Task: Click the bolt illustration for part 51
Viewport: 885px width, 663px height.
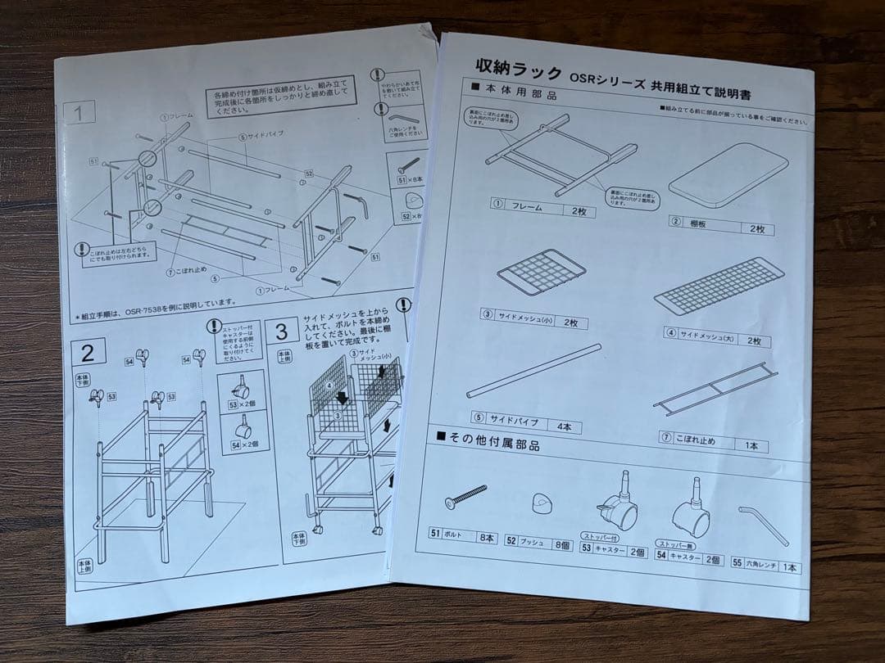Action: coord(464,494)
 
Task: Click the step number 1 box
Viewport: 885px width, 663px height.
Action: coord(78,114)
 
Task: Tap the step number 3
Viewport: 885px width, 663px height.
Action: coord(281,331)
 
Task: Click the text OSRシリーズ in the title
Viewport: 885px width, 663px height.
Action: coord(606,75)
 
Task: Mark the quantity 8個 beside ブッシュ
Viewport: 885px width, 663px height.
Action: coord(561,541)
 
